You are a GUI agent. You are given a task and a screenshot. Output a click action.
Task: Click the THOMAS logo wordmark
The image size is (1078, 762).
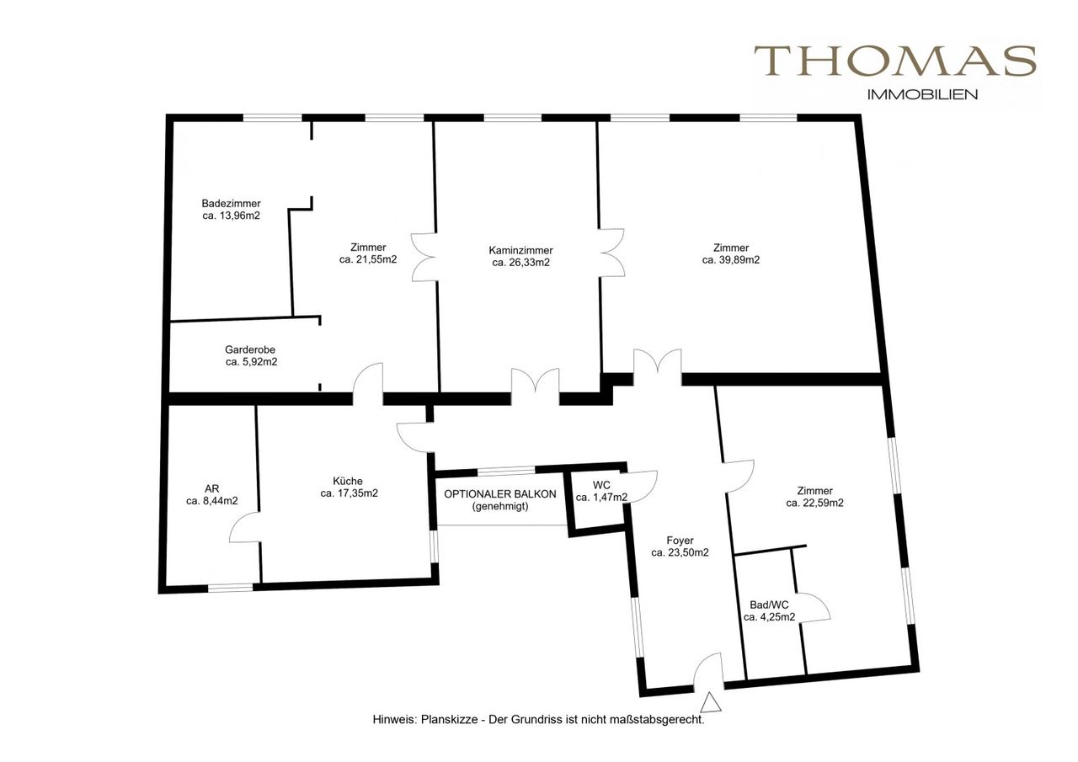pos(895,61)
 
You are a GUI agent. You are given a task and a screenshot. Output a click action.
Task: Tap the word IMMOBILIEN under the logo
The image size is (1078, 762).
pos(922,95)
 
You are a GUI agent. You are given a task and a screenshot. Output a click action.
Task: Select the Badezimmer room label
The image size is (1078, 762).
pos(231,204)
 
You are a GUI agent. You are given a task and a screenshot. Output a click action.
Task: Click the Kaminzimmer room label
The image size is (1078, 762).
pos(520,250)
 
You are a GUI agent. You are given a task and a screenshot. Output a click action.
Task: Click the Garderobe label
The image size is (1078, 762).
pos(250,349)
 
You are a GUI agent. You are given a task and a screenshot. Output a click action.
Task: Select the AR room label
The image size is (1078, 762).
pos(211,488)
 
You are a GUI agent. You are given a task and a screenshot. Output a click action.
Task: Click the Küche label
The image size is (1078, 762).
pos(348,481)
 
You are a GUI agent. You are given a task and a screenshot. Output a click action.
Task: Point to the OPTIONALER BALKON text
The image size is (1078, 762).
pos(500,494)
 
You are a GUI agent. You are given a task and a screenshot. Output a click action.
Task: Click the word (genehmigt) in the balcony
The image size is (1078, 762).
pos(500,506)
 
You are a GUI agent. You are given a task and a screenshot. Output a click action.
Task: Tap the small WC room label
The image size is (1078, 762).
pos(601,484)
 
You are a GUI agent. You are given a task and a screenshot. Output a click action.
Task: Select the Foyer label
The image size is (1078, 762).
pos(680,541)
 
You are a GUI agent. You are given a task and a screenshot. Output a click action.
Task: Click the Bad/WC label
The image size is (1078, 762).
pos(769,605)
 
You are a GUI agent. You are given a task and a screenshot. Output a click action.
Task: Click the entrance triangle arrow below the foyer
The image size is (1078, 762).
pos(710,703)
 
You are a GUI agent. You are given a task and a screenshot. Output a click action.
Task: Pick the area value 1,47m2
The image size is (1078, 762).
pos(609,497)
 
